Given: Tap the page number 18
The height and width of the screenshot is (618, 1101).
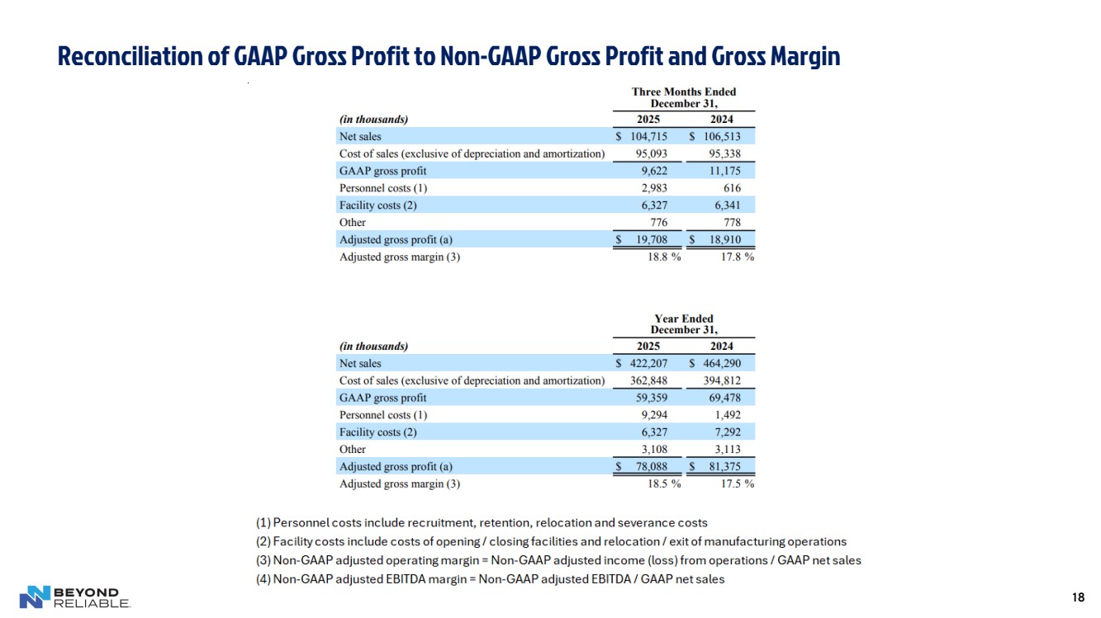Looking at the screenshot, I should (x=1077, y=597).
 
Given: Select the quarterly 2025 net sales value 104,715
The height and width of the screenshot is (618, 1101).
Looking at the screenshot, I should (x=649, y=136).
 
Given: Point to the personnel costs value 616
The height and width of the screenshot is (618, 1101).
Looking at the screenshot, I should (x=730, y=188).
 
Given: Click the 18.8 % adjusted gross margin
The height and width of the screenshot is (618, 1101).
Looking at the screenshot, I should (x=663, y=257).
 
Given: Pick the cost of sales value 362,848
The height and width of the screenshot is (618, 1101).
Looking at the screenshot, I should (x=649, y=380).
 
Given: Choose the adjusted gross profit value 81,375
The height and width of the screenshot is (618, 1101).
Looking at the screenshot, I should (x=724, y=467).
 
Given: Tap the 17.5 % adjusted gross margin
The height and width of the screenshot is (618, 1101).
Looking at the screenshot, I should (x=736, y=484).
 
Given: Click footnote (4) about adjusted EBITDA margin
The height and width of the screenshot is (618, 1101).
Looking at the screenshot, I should (x=490, y=579).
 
